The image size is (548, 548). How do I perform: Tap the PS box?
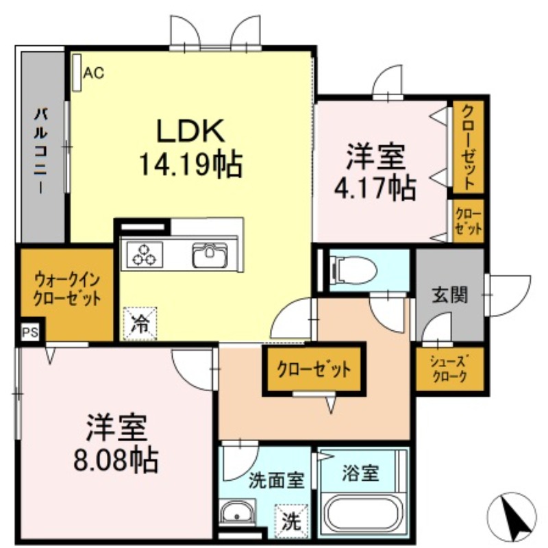pyautogui.click(x=31, y=334)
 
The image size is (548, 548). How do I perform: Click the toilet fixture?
pyautogui.click(x=353, y=269)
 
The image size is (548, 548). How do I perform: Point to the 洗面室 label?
pyautogui.click(x=276, y=480)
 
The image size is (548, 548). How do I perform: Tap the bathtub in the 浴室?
pyautogui.click(x=363, y=516)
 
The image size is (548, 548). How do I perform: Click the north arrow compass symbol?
pyautogui.click(x=513, y=518)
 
